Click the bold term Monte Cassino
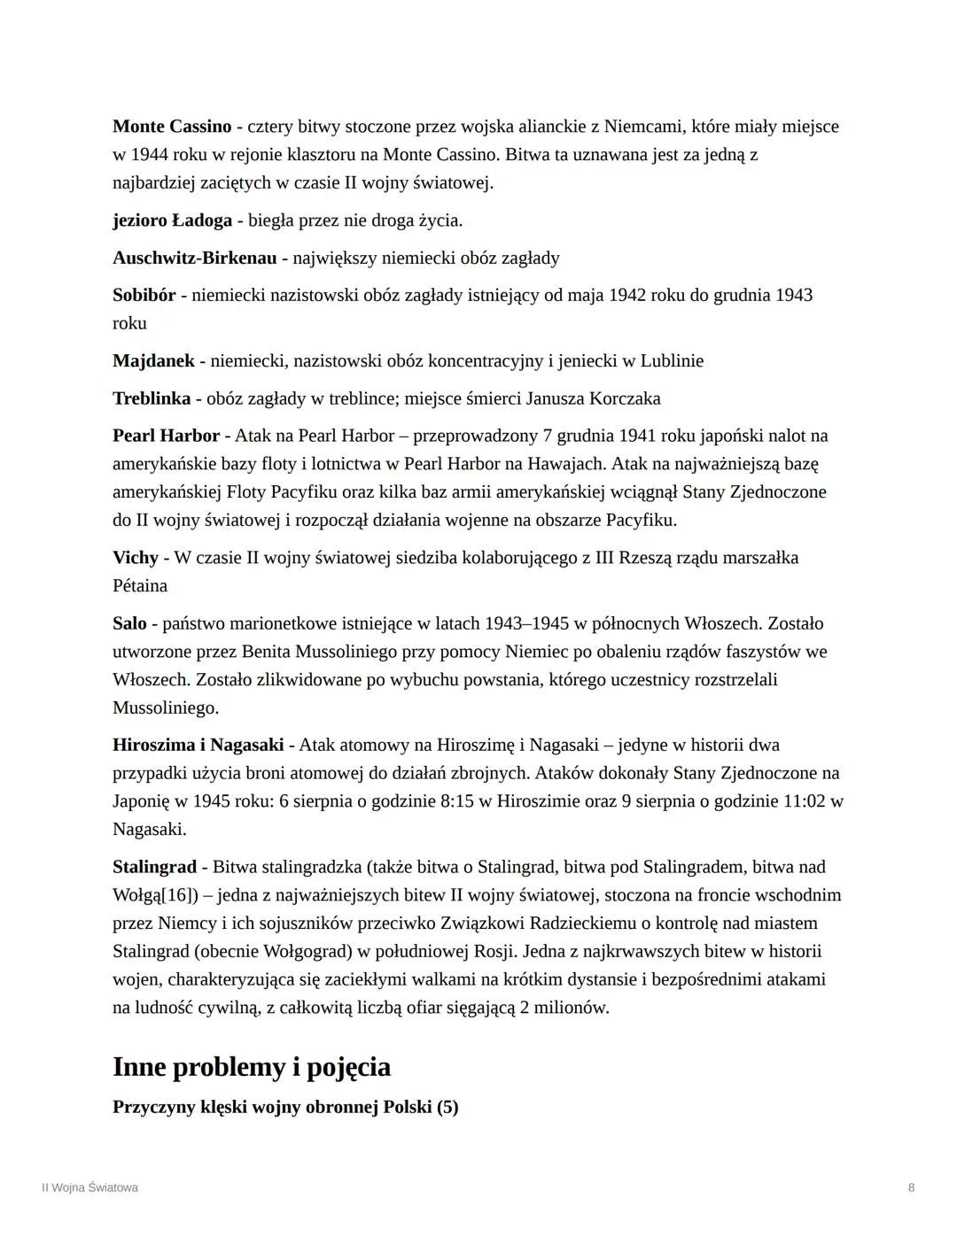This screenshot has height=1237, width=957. pyautogui.click(x=172, y=127)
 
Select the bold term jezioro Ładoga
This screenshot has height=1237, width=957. pyautogui.click(x=172, y=220)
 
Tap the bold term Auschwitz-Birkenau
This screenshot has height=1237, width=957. pyautogui.click(x=194, y=259)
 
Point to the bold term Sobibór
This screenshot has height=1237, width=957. pyautogui.click(x=144, y=296)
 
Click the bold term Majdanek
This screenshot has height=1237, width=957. pyautogui.click(x=153, y=361)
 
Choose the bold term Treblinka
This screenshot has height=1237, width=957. pyautogui.click(x=152, y=398)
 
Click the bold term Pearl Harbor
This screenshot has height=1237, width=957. pyautogui.click(x=166, y=436)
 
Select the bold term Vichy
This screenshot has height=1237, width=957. pyautogui.click(x=136, y=558)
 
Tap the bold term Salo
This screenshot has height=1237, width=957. pyautogui.click(x=129, y=623)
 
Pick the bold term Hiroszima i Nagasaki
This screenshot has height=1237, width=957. pyautogui.click(x=198, y=745)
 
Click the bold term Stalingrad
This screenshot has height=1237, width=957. pyautogui.click(x=154, y=867)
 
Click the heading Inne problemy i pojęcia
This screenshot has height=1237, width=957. pyautogui.click(x=252, y=1067)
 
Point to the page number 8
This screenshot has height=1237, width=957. pyautogui.click(x=912, y=1188)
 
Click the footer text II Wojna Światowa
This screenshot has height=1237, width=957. pyautogui.click(x=89, y=1188)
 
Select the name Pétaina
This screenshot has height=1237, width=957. pyautogui.click(x=140, y=586)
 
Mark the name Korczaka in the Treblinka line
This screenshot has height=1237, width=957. pyautogui.click(x=627, y=398)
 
